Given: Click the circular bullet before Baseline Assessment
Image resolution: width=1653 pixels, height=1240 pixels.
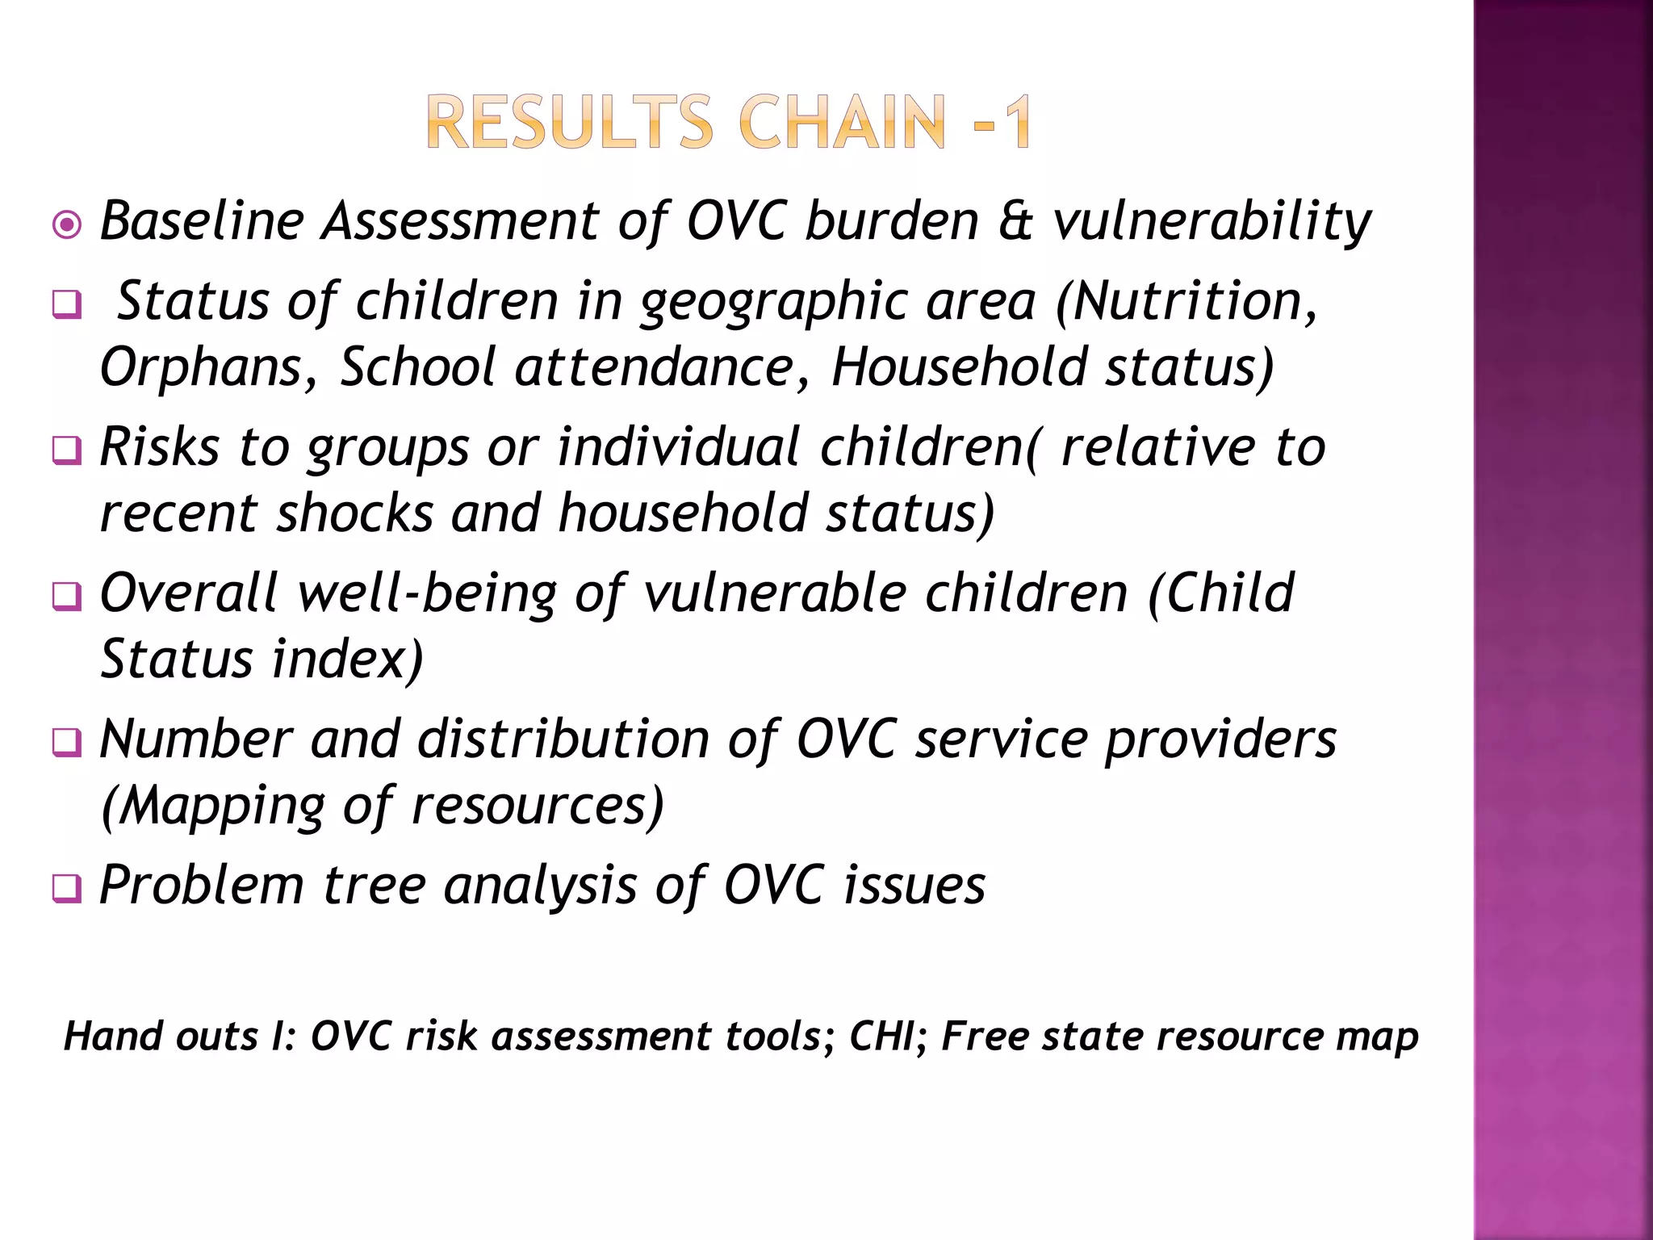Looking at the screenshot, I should click(66, 224).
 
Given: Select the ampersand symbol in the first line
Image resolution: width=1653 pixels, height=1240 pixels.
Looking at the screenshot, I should click(1015, 221).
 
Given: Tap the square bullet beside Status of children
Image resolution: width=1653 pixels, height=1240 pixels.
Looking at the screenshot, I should click(66, 305).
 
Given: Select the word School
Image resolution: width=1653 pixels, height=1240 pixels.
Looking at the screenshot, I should click(417, 367).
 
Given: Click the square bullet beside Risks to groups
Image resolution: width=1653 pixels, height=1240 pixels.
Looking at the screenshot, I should click(66, 450).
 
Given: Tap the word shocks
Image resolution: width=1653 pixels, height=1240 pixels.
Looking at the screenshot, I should click(355, 513).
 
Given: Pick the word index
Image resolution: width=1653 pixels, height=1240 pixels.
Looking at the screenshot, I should click(347, 660).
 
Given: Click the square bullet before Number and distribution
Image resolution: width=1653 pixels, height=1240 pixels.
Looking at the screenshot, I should click(66, 742).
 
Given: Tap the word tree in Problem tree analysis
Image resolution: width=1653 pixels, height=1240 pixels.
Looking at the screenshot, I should click(374, 886).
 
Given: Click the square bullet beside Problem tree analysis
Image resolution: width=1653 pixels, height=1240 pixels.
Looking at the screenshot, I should click(66, 889).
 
